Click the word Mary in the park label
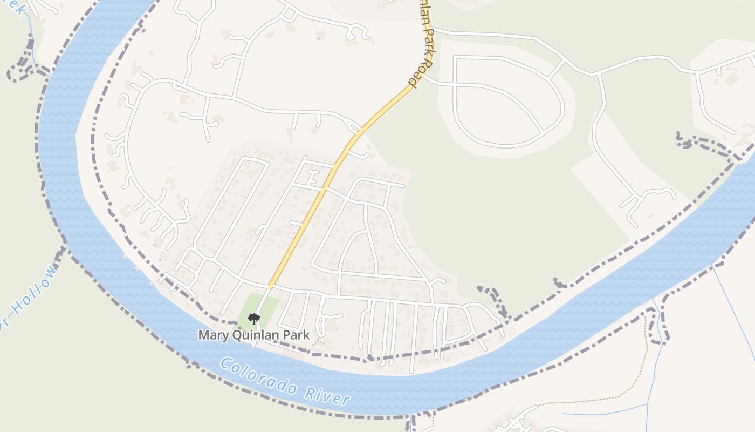(211, 335)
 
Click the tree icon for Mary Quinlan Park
(253, 319)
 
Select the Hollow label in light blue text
(35, 289)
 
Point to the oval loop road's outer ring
(561, 108)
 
